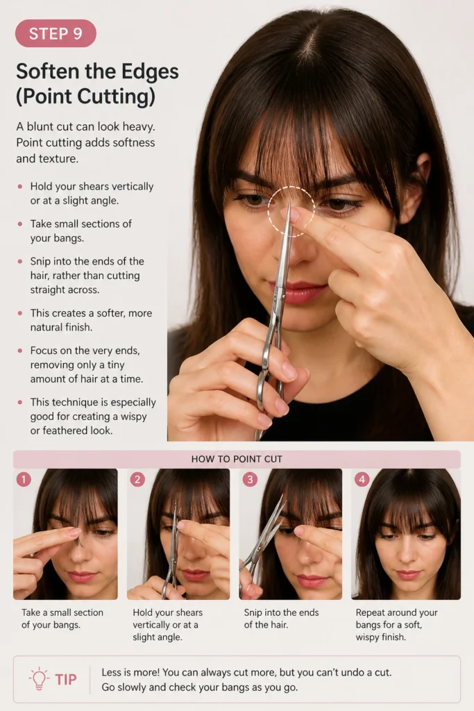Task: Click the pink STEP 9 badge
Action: tap(56, 33)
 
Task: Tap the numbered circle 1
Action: tap(24, 479)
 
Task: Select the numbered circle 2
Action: tap(137, 479)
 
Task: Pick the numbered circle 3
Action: tap(250, 479)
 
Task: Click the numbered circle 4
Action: tap(362, 479)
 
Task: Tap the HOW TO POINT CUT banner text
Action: tap(237, 459)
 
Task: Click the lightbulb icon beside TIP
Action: tap(39, 679)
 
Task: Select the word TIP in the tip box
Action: tap(66, 679)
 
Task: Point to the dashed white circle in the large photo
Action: tap(291, 187)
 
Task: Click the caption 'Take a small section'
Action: tap(62, 612)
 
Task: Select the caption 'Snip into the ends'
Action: tap(281, 612)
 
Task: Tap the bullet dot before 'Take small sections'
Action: tap(19, 224)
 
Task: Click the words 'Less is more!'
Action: tap(130, 672)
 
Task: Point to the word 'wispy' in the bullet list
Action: tap(134, 417)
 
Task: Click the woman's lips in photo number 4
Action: tap(407, 574)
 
